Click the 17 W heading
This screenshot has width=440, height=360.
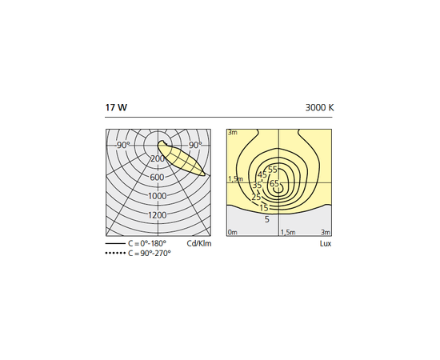[x=116, y=107]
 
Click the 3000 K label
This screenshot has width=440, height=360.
[x=320, y=108]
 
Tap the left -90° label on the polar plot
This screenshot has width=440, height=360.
[x=122, y=146]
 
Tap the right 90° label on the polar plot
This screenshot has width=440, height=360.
[x=195, y=145]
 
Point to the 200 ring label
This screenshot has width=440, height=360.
[x=158, y=159]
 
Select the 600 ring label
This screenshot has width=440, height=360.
[x=157, y=178]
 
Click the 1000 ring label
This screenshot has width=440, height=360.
[x=157, y=196]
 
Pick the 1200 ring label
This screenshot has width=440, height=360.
[x=157, y=215]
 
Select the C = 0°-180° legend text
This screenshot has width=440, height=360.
[x=147, y=243]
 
